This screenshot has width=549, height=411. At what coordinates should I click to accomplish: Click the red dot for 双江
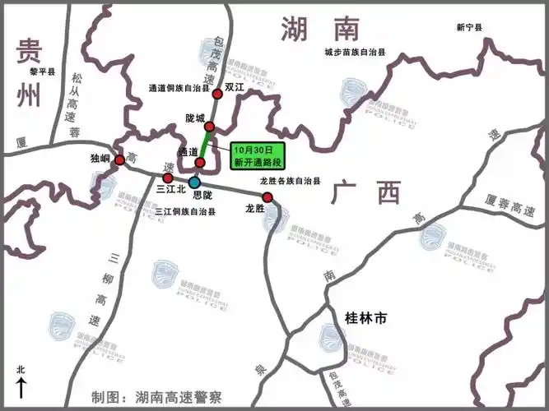pyautogui.click(x=218, y=106)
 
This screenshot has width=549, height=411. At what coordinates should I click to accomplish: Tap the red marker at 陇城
pyautogui.click(x=209, y=127)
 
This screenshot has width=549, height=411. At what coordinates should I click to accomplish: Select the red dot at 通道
pyautogui.click(x=199, y=162)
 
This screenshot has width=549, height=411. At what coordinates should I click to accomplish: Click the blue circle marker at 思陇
pyautogui.click(x=193, y=182)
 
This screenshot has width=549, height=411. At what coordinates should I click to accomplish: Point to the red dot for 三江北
pyautogui.click(x=169, y=178)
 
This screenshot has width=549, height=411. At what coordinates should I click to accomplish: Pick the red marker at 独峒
pyautogui.click(x=120, y=159)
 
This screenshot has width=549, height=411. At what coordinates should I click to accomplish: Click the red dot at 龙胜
pyautogui.click(x=268, y=196)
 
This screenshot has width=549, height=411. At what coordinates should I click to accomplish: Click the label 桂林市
pyautogui.click(x=365, y=316)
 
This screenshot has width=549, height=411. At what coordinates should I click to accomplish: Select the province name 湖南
pyautogui.click(x=320, y=30)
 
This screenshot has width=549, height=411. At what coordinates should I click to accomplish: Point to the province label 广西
pyautogui.click(x=367, y=194)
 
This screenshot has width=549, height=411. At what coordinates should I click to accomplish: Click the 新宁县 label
pyautogui.click(x=469, y=28)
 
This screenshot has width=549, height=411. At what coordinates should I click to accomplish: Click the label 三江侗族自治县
pyautogui.click(x=185, y=211)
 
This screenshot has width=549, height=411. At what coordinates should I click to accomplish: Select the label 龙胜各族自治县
pyautogui.click(x=290, y=181)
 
